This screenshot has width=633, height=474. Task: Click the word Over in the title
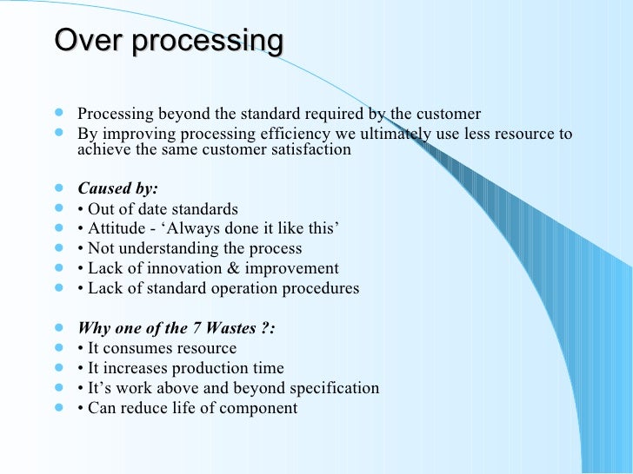[89, 40]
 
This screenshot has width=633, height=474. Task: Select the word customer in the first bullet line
[449, 114]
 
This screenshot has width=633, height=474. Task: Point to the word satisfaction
[311, 149]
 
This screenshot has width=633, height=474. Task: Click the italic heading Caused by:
[117, 188]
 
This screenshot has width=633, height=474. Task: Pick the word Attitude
[117, 228]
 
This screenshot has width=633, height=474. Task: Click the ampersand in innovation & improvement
[233, 268]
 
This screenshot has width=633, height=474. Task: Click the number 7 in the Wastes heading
[197, 328]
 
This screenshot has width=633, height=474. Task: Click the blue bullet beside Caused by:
[59, 188]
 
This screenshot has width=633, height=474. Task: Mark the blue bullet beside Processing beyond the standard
[59, 113]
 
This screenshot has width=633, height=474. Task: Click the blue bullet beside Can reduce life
[59, 407]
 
